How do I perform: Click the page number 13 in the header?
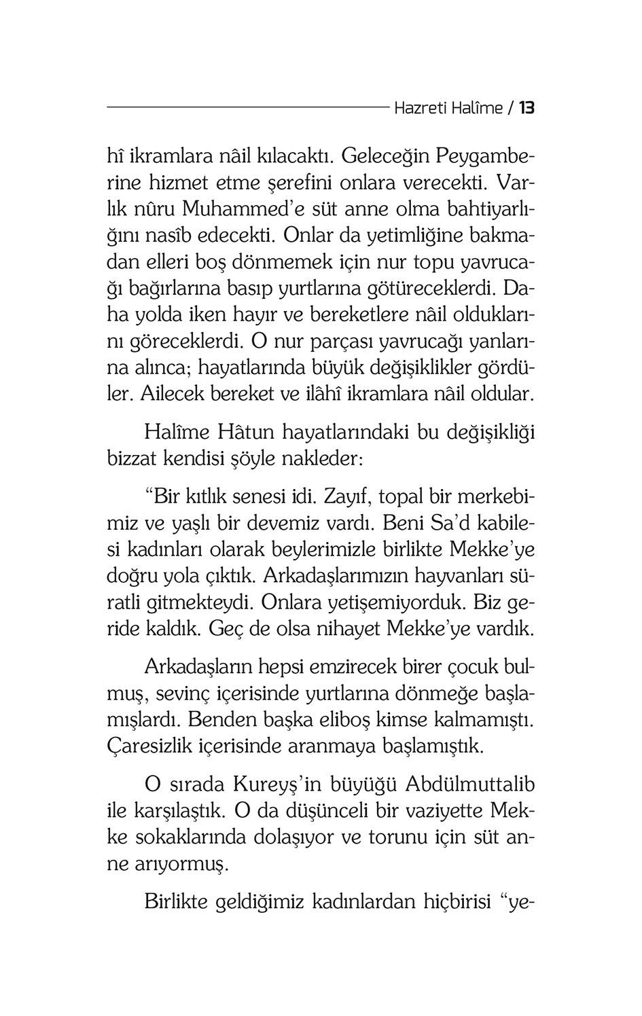point(527,108)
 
